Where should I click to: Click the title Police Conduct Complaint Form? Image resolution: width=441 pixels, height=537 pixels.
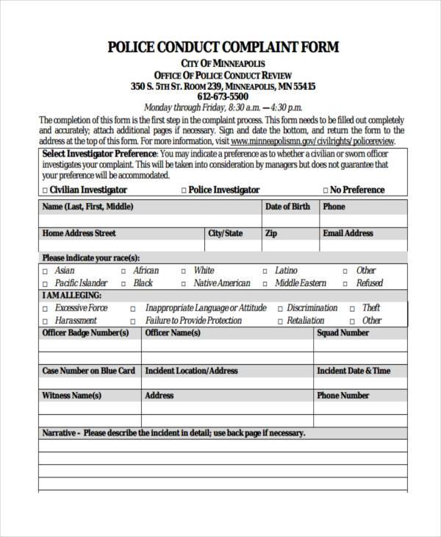[x=223, y=48]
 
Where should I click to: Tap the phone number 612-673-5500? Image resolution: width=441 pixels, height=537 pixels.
[x=223, y=96]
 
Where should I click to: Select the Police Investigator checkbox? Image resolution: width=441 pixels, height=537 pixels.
[x=184, y=191]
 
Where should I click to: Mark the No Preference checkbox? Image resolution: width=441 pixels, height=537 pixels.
[x=324, y=191]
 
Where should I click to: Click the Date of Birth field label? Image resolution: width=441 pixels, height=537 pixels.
[x=287, y=207]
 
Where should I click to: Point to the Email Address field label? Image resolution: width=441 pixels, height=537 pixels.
[x=348, y=233]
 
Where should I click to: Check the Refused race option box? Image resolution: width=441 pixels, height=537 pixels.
[x=346, y=283]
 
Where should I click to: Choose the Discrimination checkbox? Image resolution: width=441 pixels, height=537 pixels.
[x=280, y=309]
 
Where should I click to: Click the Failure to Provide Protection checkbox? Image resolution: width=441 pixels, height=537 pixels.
[x=133, y=321]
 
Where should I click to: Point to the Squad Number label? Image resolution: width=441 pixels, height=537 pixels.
[x=343, y=333]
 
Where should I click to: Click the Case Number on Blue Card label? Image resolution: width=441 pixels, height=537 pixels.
[x=88, y=371]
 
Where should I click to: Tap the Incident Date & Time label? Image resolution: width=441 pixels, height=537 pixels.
[x=354, y=371]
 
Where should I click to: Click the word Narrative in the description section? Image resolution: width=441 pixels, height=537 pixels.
[x=59, y=433]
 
